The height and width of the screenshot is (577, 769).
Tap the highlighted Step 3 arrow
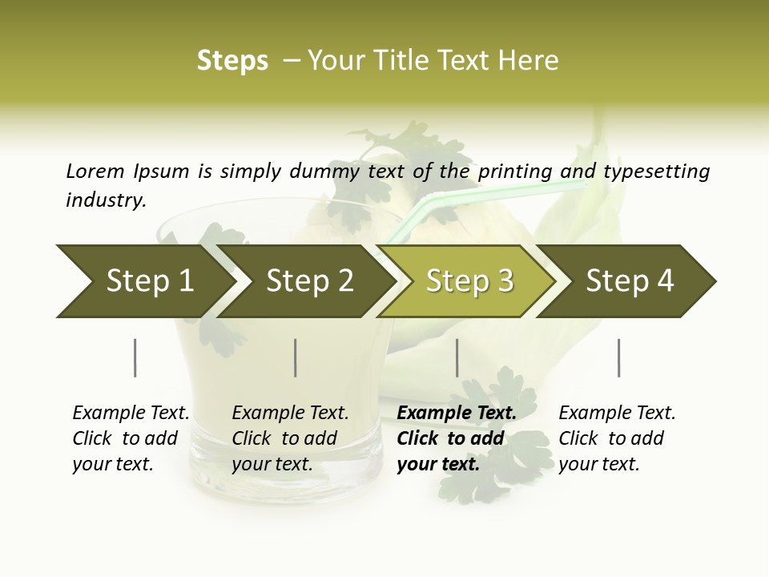[x=469, y=281]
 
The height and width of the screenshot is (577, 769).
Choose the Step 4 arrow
[x=630, y=281]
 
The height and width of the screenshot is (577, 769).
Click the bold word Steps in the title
[x=232, y=61]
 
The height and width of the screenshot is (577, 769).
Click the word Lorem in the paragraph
[x=95, y=171]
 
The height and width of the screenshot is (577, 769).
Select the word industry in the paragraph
[x=106, y=200]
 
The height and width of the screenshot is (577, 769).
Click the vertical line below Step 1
[x=135, y=357]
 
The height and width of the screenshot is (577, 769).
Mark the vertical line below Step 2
[x=296, y=357]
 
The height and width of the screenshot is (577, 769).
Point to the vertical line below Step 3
[x=457, y=357]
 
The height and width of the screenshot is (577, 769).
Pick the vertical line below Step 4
[x=619, y=357]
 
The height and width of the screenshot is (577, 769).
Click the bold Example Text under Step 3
[x=457, y=413]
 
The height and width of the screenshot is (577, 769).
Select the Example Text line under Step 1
[x=131, y=413]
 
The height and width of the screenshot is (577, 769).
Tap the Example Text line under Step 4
[x=617, y=413]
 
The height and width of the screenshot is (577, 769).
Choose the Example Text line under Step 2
[x=290, y=413]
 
